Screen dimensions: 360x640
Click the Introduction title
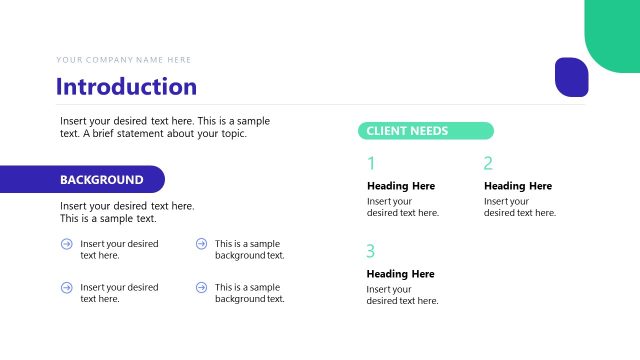pos(126,86)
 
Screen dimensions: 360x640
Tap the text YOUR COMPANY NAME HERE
pos(124,60)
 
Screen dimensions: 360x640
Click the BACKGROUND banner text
pos(101,180)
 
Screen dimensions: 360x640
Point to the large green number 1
pos(371,164)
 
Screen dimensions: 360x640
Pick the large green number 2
pos(488,164)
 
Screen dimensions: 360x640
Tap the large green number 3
pos(371,251)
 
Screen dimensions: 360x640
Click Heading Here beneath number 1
pos(401,186)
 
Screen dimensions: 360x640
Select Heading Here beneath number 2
pos(518,186)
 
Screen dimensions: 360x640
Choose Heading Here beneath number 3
pos(401,274)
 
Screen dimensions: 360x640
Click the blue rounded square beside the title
pos(571,77)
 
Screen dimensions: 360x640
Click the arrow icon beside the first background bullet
pos(66,243)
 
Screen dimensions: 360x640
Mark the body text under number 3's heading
pos(402,295)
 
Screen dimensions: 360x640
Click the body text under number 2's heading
pos(519,207)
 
